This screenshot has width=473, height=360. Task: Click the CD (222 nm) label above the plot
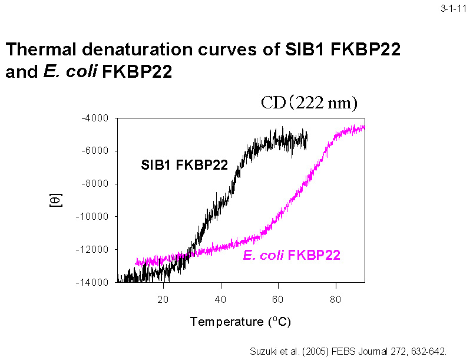click(309, 103)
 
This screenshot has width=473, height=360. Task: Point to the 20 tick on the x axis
click(163, 298)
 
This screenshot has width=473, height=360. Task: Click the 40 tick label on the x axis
click(221, 298)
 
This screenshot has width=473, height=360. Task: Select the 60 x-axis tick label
click(278, 298)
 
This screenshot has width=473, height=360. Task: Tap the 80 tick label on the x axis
click(336, 298)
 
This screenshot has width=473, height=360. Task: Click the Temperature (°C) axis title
click(240, 322)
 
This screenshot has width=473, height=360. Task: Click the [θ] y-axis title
click(54, 200)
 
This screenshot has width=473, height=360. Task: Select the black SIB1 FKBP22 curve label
click(184, 165)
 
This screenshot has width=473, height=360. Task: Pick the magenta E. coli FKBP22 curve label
click(292, 256)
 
